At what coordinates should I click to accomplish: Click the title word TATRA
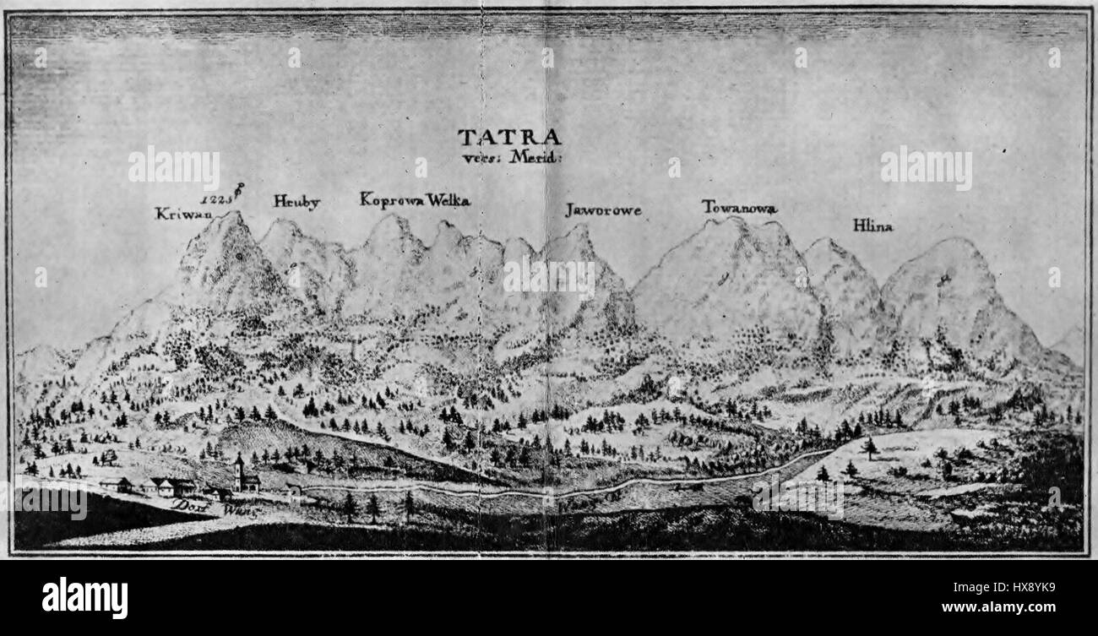tap(508, 137)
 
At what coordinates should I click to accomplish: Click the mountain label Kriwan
tap(182, 214)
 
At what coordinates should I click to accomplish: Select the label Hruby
tap(296, 201)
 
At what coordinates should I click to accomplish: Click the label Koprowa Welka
tap(414, 200)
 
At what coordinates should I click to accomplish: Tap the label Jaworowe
tap(603, 210)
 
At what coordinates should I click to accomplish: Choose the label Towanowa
tap(739, 207)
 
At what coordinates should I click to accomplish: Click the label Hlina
tap(872, 226)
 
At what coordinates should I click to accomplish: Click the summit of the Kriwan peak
tap(230, 215)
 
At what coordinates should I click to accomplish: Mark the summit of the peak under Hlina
tap(953, 242)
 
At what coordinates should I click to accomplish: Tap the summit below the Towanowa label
tap(733, 220)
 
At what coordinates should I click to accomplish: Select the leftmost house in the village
tap(116, 485)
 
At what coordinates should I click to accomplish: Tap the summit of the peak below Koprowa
tap(390, 217)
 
